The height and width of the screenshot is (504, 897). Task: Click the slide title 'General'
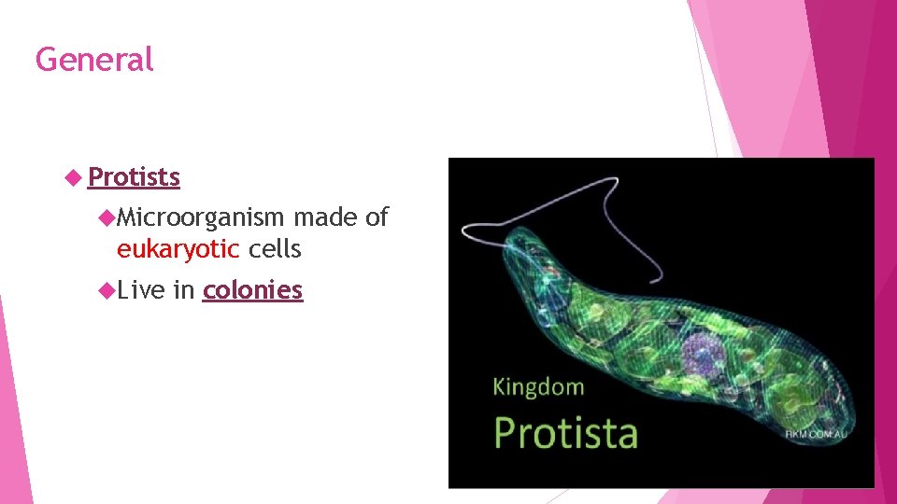tap(93, 60)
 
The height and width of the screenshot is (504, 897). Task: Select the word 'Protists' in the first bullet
tap(135, 176)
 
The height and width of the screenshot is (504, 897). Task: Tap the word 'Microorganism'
tap(200, 218)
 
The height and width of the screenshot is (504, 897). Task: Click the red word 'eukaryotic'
tap(178, 249)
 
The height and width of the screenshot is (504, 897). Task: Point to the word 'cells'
tap(275, 249)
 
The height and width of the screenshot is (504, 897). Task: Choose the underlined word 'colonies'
tap(252, 290)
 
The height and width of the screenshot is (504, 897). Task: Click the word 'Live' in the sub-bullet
tap(141, 290)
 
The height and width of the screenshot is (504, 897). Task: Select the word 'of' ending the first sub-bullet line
tap(377, 218)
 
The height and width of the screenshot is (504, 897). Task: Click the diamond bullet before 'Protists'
tap(76, 176)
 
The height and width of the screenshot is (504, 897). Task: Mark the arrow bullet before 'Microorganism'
tap(107, 218)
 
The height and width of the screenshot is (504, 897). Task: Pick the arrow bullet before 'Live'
tap(107, 290)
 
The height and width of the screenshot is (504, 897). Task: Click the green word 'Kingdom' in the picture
tap(538, 386)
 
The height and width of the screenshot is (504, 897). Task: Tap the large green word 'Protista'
tap(566, 433)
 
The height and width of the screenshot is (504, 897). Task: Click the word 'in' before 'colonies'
tap(183, 290)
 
